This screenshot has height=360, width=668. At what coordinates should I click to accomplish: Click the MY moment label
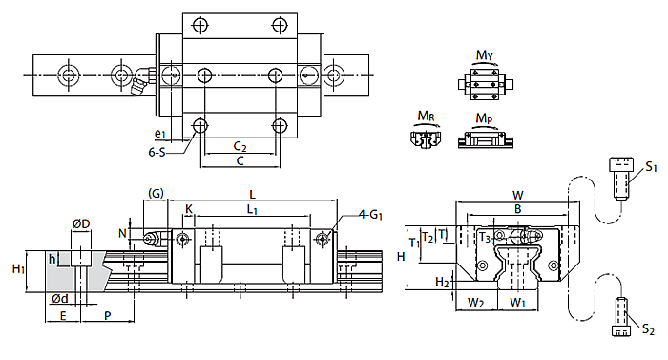tap(485, 55)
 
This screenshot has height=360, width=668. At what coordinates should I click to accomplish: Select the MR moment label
tap(426, 116)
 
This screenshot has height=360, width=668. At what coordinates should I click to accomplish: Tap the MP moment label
tap(484, 118)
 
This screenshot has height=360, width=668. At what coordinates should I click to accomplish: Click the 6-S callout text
tap(157, 152)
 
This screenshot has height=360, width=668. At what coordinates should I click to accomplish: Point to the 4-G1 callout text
tap(370, 215)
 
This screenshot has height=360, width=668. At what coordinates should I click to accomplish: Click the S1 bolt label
tap(651, 167)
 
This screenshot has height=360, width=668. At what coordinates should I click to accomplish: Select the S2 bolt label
tap(648, 328)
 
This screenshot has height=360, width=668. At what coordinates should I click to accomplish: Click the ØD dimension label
tap(81, 224)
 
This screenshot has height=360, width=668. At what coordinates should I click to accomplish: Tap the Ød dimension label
tap(60, 299)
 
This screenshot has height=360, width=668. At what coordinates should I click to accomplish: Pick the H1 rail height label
tap(18, 269)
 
